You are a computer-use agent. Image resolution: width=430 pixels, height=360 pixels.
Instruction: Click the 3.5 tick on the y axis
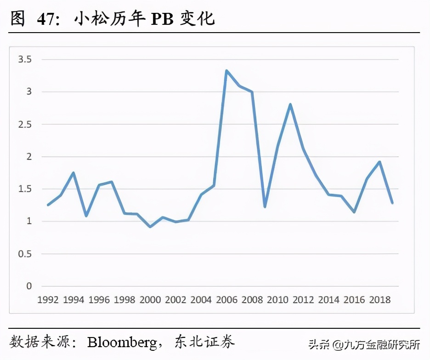tap(25, 59)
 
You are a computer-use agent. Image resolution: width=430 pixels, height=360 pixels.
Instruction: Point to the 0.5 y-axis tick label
tap(25, 254)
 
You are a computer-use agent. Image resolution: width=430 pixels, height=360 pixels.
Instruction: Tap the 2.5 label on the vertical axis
tap(25, 124)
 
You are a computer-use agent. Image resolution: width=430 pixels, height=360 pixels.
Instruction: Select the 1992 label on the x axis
tap(48, 300)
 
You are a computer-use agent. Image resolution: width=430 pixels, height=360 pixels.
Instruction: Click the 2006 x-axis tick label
tap(226, 300)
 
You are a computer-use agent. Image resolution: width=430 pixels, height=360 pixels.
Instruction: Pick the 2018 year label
tap(379, 300)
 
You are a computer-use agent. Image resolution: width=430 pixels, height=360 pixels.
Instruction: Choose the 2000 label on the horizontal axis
tap(150, 300)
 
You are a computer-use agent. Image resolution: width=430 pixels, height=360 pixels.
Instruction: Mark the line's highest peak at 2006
tap(226, 71)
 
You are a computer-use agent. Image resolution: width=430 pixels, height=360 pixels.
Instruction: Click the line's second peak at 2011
tap(290, 104)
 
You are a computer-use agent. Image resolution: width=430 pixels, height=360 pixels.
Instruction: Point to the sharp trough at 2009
tap(265, 207)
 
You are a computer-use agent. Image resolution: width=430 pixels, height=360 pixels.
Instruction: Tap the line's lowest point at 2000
tap(150, 227)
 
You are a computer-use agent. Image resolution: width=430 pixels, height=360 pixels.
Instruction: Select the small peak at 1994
tap(74, 173)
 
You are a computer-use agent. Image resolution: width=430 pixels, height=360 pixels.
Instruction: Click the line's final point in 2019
tap(392, 202)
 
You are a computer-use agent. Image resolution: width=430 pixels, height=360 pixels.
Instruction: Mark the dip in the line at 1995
tap(86, 215)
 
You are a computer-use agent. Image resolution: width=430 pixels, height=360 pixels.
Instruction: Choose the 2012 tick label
tap(303, 300)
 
